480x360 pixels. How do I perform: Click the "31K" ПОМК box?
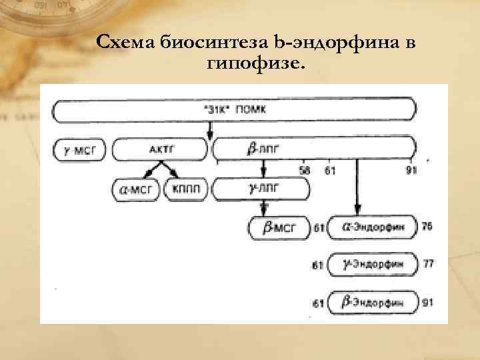(x=233, y=111)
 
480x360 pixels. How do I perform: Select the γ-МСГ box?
(x=79, y=149)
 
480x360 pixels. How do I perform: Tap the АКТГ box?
(x=161, y=149)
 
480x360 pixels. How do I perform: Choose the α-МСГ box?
(x=136, y=190)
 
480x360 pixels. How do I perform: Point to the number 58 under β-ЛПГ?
(x=305, y=171)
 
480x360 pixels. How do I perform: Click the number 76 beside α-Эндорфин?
(x=427, y=227)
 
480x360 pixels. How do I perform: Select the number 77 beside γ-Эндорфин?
(x=428, y=264)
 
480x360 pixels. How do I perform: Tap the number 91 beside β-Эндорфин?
(x=428, y=302)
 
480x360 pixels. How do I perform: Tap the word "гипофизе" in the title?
(x=257, y=65)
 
